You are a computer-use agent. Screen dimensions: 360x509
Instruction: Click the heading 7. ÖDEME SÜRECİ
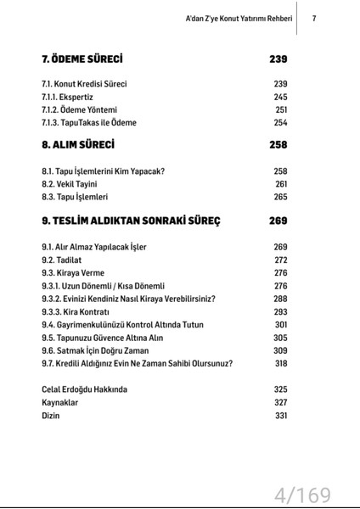(x=82, y=59)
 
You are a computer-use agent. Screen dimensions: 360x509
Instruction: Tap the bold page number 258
(x=278, y=145)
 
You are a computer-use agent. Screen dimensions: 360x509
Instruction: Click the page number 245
(x=280, y=97)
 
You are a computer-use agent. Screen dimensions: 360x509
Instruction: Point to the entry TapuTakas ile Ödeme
(x=88, y=122)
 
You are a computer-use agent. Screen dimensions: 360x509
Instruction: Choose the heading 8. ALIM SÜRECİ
(x=77, y=145)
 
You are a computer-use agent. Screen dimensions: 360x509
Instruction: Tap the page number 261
(x=281, y=184)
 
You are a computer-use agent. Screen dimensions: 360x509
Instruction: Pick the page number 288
(x=280, y=299)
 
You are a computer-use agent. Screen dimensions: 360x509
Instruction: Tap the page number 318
(x=281, y=363)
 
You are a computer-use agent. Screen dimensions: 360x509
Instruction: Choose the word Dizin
(x=51, y=416)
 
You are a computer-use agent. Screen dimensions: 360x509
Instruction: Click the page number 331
(x=281, y=416)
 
